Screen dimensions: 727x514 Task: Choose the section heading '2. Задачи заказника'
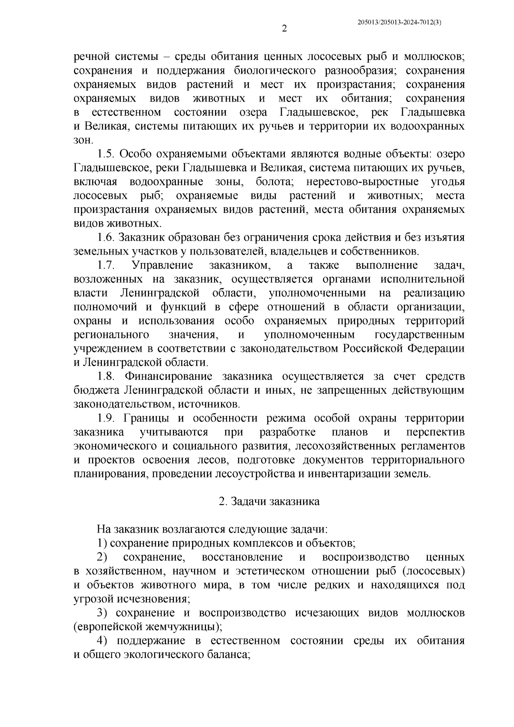(x=269, y=502)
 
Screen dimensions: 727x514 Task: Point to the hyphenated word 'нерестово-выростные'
(x=362, y=182)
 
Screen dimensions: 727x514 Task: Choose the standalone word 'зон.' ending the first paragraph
(x=83, y=140)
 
